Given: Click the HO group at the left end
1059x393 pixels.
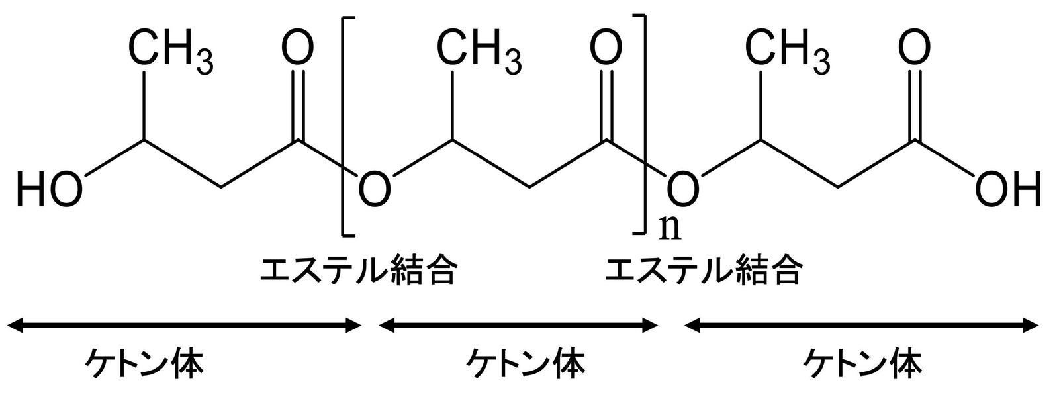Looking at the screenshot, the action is pos(50,190).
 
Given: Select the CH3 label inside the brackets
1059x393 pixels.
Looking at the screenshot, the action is pos(479,50).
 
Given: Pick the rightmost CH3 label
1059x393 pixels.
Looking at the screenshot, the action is pos(788,50).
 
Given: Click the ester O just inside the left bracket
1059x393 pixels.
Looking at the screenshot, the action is pos(375,190).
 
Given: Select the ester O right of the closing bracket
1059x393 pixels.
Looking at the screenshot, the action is pos(683,190).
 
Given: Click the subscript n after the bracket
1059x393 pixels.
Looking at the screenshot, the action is pos(670,229).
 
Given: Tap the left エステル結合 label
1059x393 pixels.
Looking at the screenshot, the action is pos(358,271).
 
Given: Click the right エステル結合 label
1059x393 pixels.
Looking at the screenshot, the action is pos(703,271).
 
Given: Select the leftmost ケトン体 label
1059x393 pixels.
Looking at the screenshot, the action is pos(145,364).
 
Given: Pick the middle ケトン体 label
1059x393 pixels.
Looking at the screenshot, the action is pos(526,364).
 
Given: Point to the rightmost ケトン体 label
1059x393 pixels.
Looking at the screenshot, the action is pos(862,364).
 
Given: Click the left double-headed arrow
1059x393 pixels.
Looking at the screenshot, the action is pos(185,325).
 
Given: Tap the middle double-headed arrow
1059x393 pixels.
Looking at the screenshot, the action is pos(518,325).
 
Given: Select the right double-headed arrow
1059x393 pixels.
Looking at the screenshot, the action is pos(861,325).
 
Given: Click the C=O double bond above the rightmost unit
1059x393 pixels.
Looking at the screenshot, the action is pos(914,105).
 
